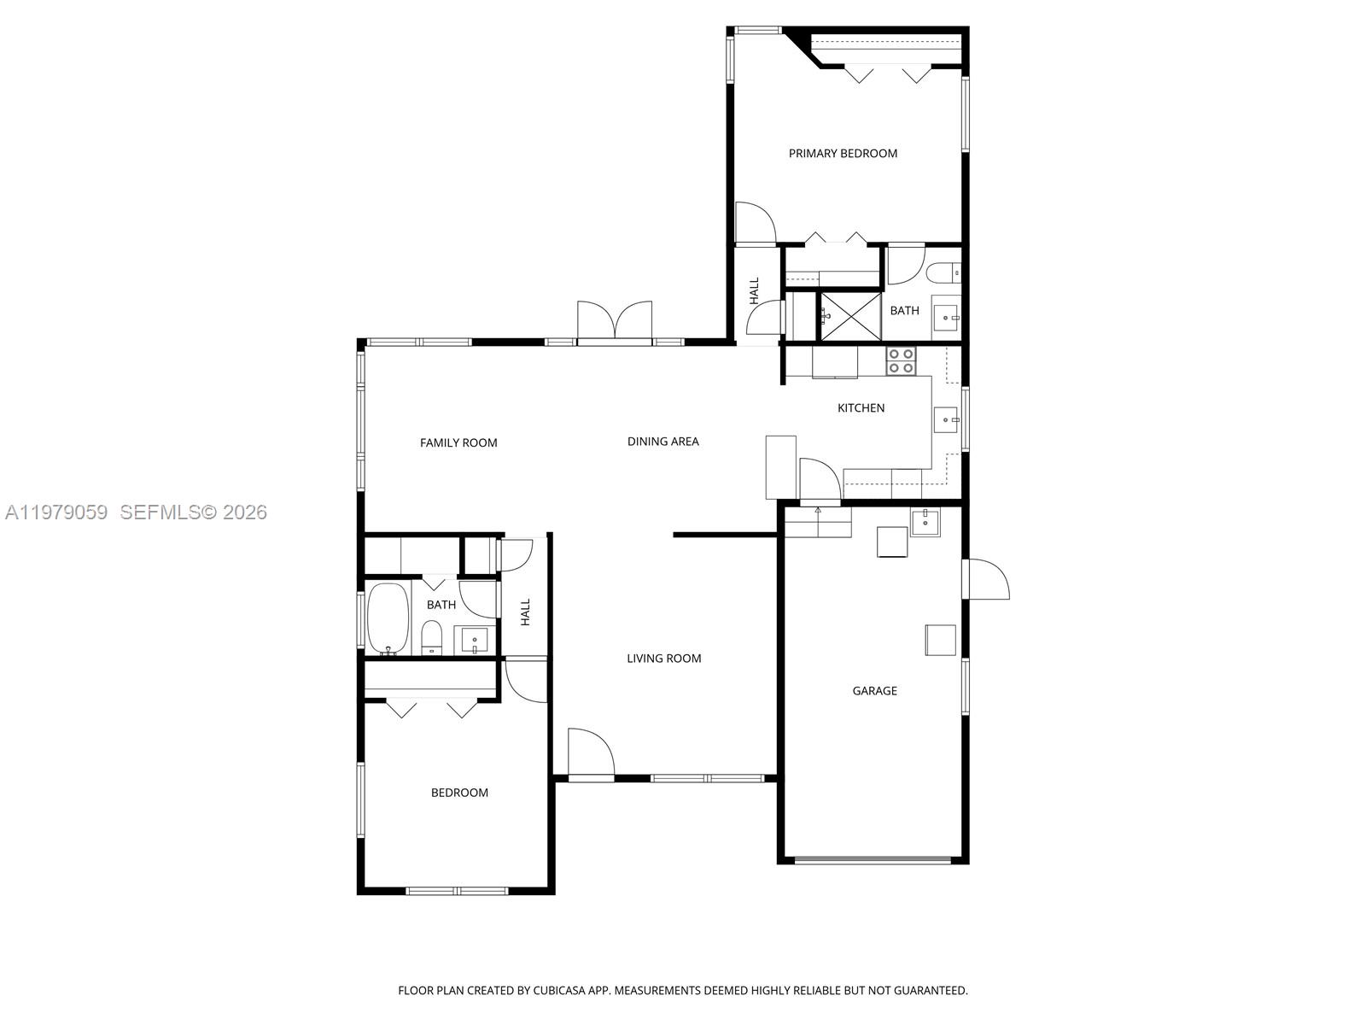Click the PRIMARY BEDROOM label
click(843, 154)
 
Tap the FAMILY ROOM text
click(458, 442)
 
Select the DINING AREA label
click(663, 442)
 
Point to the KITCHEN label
click(861, 408)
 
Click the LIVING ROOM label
click(663, 659)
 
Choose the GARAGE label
click(874, 691)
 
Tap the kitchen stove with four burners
click(901, 361)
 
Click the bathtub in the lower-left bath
click(388, 618)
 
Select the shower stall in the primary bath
click(850, 316)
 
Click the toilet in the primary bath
click(944, 273)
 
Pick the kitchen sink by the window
click(945, 419)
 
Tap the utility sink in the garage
click(925, 522)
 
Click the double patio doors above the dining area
click(615, 323)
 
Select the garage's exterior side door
click(987, 580)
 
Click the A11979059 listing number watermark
click(56, 512)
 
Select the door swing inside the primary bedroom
click(755, 223)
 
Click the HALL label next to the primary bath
click(755, 291)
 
